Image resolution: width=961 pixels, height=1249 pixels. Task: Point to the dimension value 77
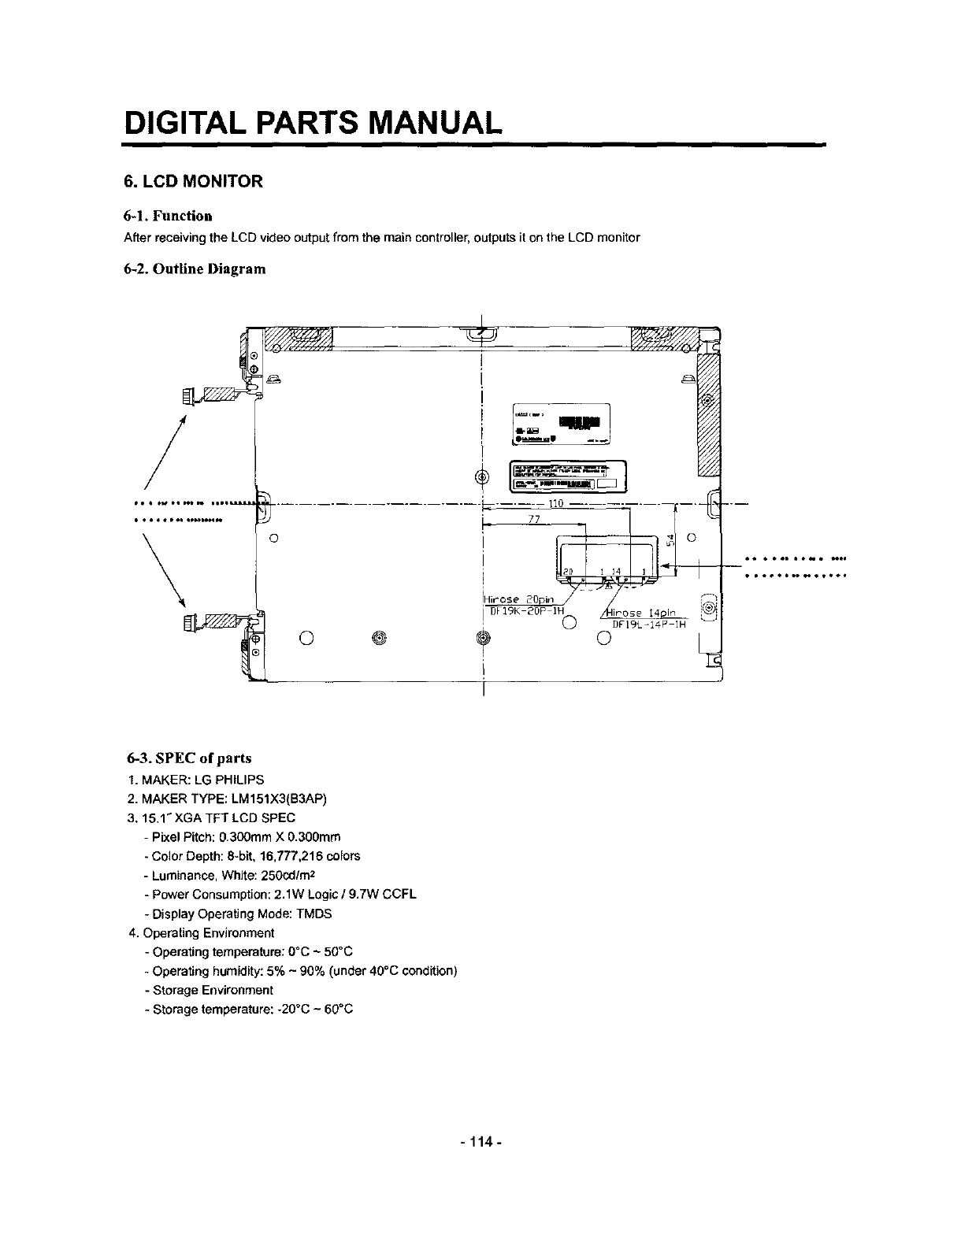[534, 519]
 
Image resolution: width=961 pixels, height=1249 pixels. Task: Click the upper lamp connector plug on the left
[190, 394]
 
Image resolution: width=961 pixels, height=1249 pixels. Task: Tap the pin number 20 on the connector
[567, 571]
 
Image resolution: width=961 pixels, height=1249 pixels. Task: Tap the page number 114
[480, 1141]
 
